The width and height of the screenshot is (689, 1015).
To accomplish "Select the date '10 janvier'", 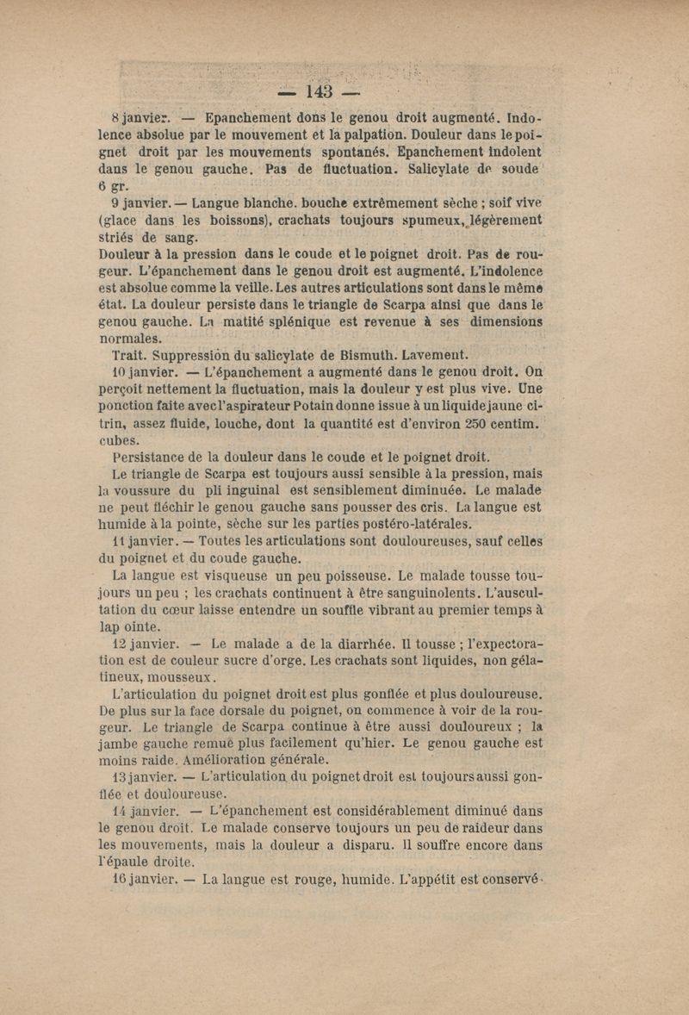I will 145,375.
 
